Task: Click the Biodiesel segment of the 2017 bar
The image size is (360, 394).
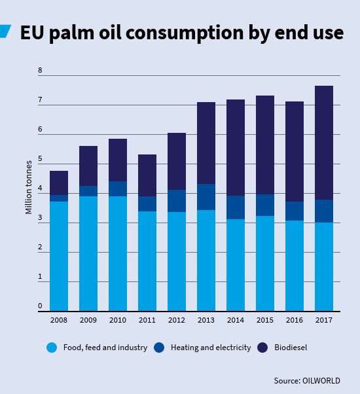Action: point(324,143)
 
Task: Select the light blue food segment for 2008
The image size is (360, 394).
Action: point(59,256)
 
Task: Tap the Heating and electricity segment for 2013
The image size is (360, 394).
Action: point(206,197)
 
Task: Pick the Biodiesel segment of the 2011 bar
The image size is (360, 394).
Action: point(147,175)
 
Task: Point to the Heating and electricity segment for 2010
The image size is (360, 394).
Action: point(118,189)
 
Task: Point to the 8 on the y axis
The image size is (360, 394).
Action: point(40,70)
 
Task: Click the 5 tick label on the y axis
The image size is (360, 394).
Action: point(40,159)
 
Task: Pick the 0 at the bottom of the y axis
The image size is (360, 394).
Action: point(40,306)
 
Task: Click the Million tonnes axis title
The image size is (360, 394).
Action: point(29,186)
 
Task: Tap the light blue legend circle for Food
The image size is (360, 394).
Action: point(52,348)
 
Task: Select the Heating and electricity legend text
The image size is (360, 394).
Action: point(210,348)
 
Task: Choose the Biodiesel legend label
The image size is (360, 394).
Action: point(291,348)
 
